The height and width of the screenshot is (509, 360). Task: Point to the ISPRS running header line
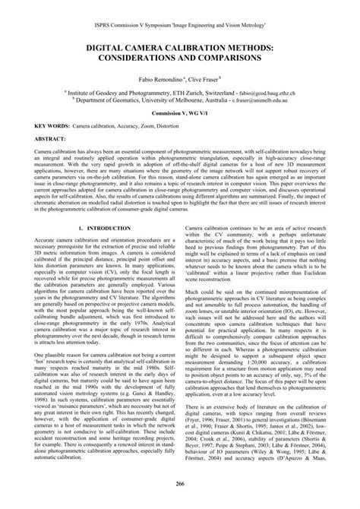point(180,5)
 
